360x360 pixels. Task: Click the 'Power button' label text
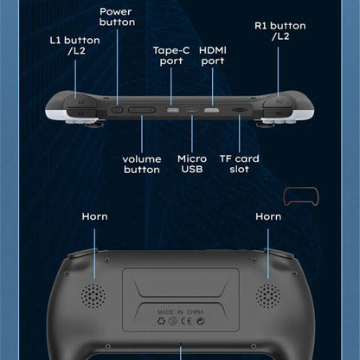117,16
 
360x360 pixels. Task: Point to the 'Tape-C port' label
170,55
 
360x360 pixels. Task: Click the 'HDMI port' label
212,55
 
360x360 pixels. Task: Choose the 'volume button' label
142,164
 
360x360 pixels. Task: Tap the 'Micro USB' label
192,164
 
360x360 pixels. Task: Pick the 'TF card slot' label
235,164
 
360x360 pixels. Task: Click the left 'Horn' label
94,216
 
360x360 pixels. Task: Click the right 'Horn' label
269,216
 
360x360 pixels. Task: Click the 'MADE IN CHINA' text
180,308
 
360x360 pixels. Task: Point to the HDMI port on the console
211,111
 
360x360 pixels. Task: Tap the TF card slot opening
237,111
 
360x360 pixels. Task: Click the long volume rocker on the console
143,110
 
